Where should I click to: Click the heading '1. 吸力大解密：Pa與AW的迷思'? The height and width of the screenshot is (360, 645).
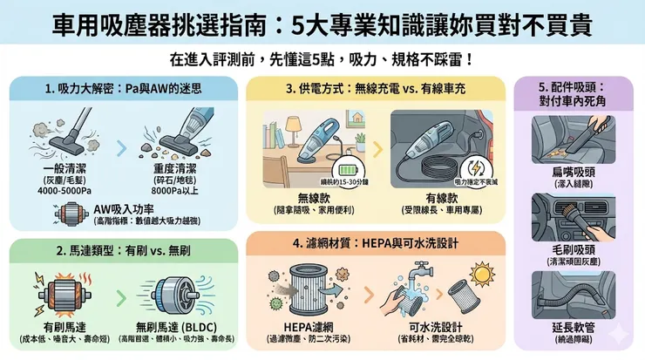click(123, 89)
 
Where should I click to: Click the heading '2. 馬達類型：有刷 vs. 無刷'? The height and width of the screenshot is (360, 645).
click(123, 250)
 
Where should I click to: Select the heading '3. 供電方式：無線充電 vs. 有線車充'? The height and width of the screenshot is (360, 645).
click(377, 89)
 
